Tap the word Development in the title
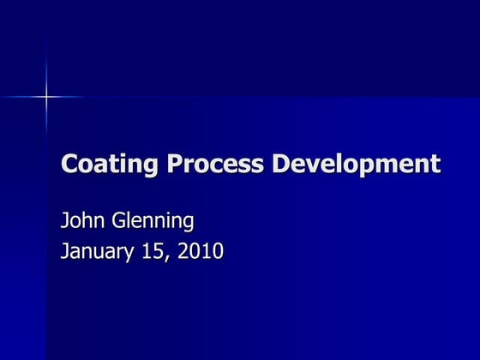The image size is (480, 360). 355,163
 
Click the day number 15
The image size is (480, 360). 153,252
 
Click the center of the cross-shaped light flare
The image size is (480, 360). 46,97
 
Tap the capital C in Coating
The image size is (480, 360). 69,162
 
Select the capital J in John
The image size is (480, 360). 64,221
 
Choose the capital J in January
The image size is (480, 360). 64,252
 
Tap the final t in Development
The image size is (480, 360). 435,163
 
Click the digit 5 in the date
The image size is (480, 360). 158,252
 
